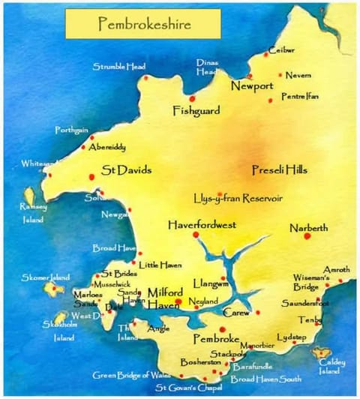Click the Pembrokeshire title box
[x=142, y=24]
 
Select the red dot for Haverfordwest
[x=196, y=235]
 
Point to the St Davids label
[x=126, y=170]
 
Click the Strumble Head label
[x=119, y=67]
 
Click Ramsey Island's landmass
[x=29, y=196]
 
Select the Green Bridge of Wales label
[x=131, y=375]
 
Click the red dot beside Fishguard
[x=192, y=99]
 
